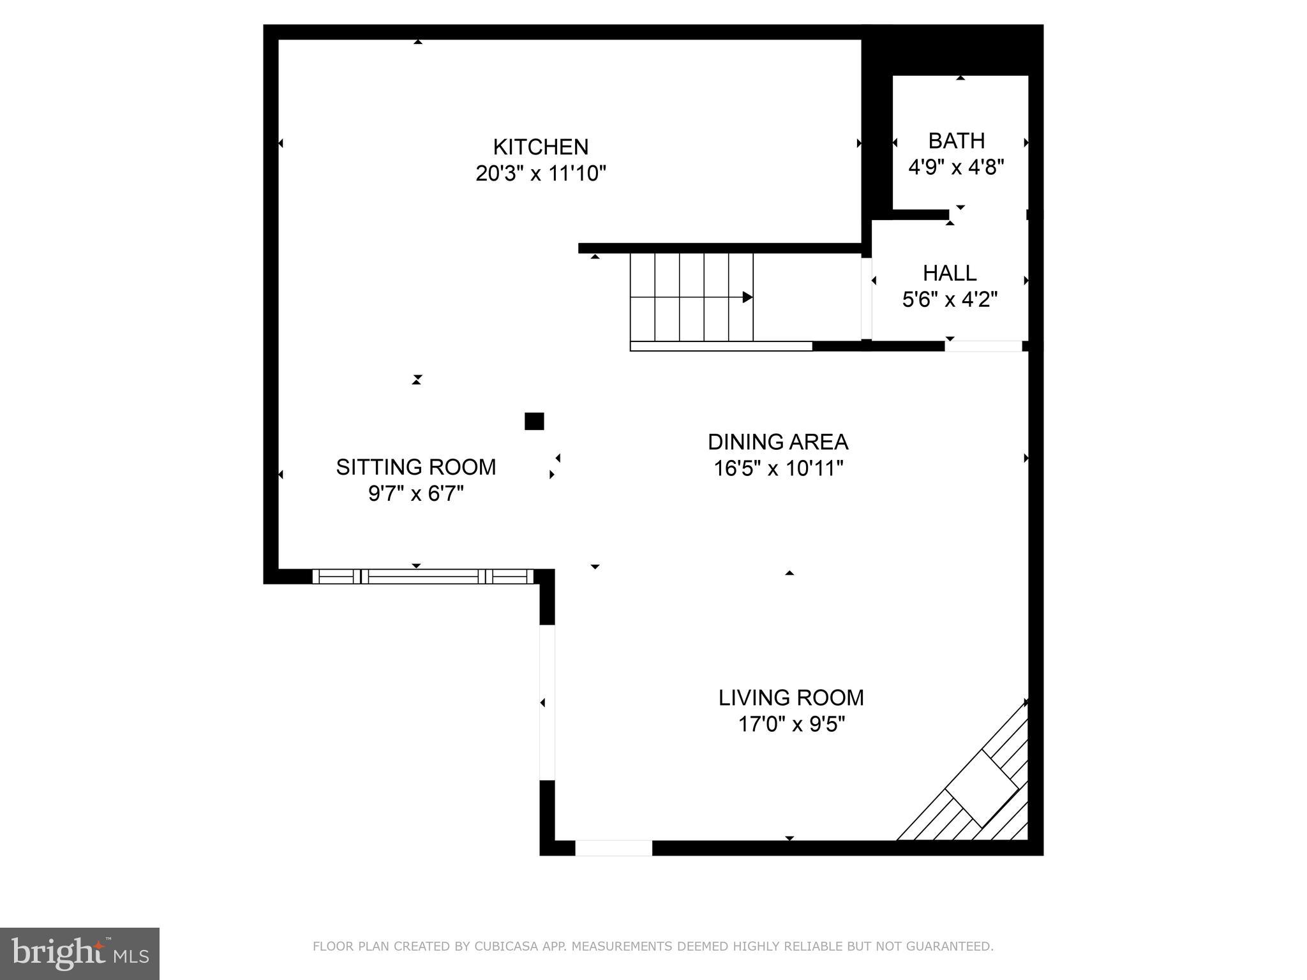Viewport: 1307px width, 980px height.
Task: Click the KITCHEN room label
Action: (x=541, y=147)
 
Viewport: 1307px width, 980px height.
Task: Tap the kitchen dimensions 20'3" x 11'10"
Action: (x=541, y=174)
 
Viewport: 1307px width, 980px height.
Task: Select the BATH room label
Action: (x=956, y=141)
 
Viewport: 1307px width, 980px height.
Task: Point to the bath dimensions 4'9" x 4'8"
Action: (x=956, y=168)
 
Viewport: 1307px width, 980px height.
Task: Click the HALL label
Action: (x=950, y=274)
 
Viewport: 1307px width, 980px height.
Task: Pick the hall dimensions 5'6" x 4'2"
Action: (x=950, y=300)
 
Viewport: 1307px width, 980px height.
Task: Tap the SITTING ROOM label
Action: (x=416, y=468)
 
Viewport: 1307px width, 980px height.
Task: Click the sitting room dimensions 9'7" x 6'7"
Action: (x=416, y=494)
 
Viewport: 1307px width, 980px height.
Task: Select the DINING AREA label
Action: (x=778, y=442)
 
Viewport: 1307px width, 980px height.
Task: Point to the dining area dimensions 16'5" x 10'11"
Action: (x=778, y=469)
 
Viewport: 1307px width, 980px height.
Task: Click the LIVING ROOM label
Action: (x=791, y=698)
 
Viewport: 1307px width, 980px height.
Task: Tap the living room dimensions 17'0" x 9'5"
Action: (x=791, y=725)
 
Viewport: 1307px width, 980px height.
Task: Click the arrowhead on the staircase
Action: (x=747, y=297)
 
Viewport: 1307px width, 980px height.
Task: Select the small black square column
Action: (x=534, y=422)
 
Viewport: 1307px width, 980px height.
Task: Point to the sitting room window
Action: (x=422, y=577)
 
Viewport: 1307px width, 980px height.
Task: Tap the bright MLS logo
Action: (x=79, y=954)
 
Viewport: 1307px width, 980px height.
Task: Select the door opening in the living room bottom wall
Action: (x=613, y=848)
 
